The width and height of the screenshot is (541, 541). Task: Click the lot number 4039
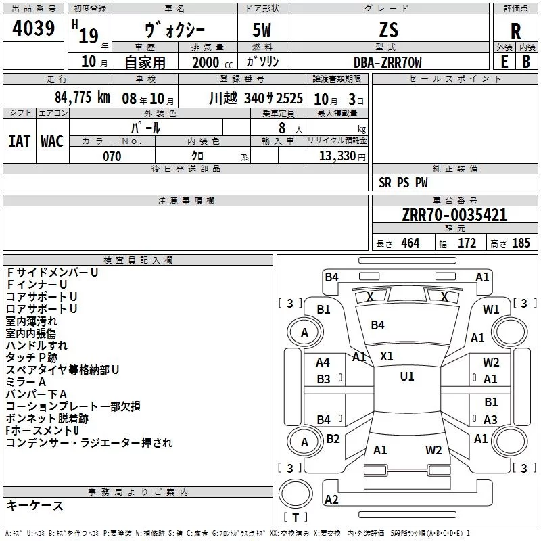coord(34,29)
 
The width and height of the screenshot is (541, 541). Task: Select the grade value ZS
coord(389,30)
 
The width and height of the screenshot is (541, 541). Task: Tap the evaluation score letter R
coord(516,31)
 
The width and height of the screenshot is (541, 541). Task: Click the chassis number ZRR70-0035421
coord(454,215)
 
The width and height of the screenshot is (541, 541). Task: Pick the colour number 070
coord(112,156)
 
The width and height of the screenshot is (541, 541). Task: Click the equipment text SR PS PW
coord(403,183)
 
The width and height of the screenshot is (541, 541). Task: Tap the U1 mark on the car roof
coord(407,377)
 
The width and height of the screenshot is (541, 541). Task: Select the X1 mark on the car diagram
coord(387,356)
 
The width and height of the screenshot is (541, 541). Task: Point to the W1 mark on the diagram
coord(491,310)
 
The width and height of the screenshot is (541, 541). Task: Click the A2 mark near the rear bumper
coord(331,500)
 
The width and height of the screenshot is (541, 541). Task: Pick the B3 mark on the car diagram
coord(324,379)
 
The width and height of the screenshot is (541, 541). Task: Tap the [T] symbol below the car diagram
coord(296,517)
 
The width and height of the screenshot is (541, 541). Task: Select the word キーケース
coord(35,505)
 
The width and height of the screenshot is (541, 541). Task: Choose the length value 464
coord(409,243)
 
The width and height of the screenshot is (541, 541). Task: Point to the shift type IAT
coord(19,141)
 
